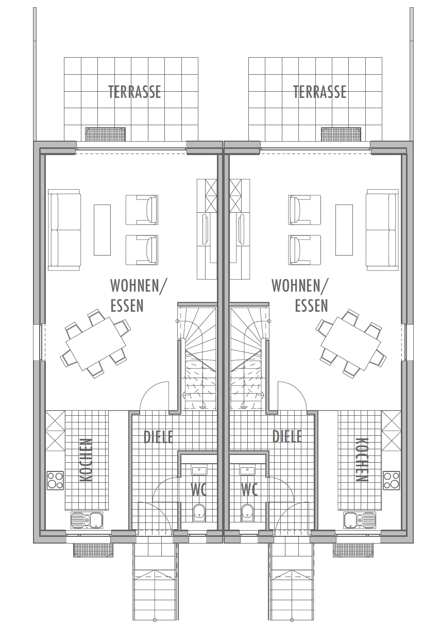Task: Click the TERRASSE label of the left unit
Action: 134,92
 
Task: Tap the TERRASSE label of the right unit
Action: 319,92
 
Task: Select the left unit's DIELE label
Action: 159,436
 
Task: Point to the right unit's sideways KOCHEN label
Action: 362,460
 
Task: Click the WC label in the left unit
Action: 198,489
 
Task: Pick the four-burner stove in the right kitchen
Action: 391,480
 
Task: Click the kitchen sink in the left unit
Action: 87,519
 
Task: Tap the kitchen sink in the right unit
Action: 360,519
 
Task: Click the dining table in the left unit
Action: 96,344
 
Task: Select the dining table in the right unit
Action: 351,344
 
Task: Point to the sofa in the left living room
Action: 64,230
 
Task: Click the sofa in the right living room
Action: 382,230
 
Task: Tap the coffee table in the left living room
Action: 102,230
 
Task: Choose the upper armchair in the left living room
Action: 142,210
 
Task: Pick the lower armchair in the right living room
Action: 304,250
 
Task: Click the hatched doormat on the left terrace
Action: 106,134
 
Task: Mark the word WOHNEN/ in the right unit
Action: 300,285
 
